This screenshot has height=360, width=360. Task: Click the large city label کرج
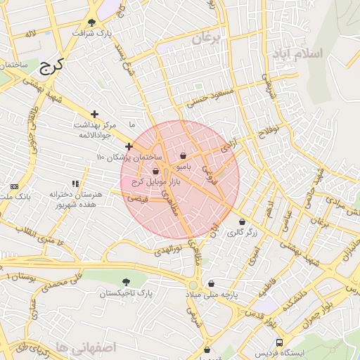tap(51, 67)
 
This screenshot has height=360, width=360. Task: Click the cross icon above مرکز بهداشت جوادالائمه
tap(94, 114)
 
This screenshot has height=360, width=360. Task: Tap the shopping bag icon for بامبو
tap(183, 156)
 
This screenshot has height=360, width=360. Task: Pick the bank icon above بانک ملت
tap(15, 186)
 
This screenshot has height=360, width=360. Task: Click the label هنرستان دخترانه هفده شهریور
tap(77, 199)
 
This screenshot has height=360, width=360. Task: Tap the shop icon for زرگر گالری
tap(242, 221)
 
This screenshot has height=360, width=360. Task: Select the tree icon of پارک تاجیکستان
tap(126, 282)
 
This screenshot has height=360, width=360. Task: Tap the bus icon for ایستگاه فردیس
tap(280, 342)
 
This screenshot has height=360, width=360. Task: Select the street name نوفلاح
tap(268, 129)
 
